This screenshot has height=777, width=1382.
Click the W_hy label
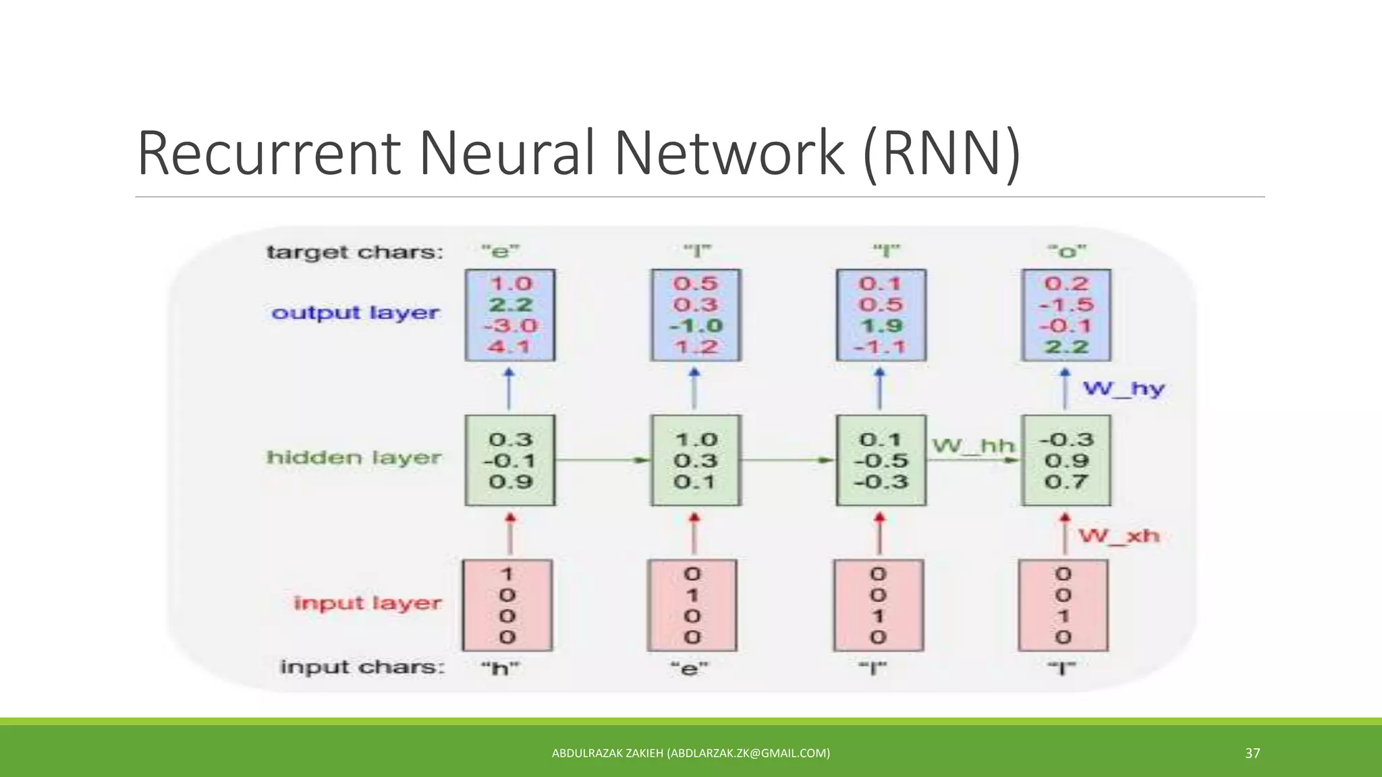(x=1124, y=389)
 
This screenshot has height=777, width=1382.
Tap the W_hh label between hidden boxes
(x=973, y=446)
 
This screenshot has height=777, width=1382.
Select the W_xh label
(x=1119, y=536)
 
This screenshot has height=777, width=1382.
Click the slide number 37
(x=1252, y=753)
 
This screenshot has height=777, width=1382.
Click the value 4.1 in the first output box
(x=510, y=347)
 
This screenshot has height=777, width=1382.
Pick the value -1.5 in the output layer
(x=1066, y=305)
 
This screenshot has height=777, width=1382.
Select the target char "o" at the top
(x=1067, y=252)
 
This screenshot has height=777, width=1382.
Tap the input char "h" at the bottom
(x=500, y=668)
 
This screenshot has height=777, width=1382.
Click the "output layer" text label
(x=356, y=313)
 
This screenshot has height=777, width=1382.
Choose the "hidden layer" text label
(x=354, y=458)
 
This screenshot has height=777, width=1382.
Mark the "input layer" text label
(x=368, y=603)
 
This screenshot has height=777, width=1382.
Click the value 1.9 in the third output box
(x=881, y=326)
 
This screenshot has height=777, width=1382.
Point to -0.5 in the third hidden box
(x=881, y=461)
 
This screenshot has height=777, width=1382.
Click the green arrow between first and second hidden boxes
(x=603, y=460)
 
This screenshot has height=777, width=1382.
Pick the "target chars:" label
(x=356, y=252)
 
